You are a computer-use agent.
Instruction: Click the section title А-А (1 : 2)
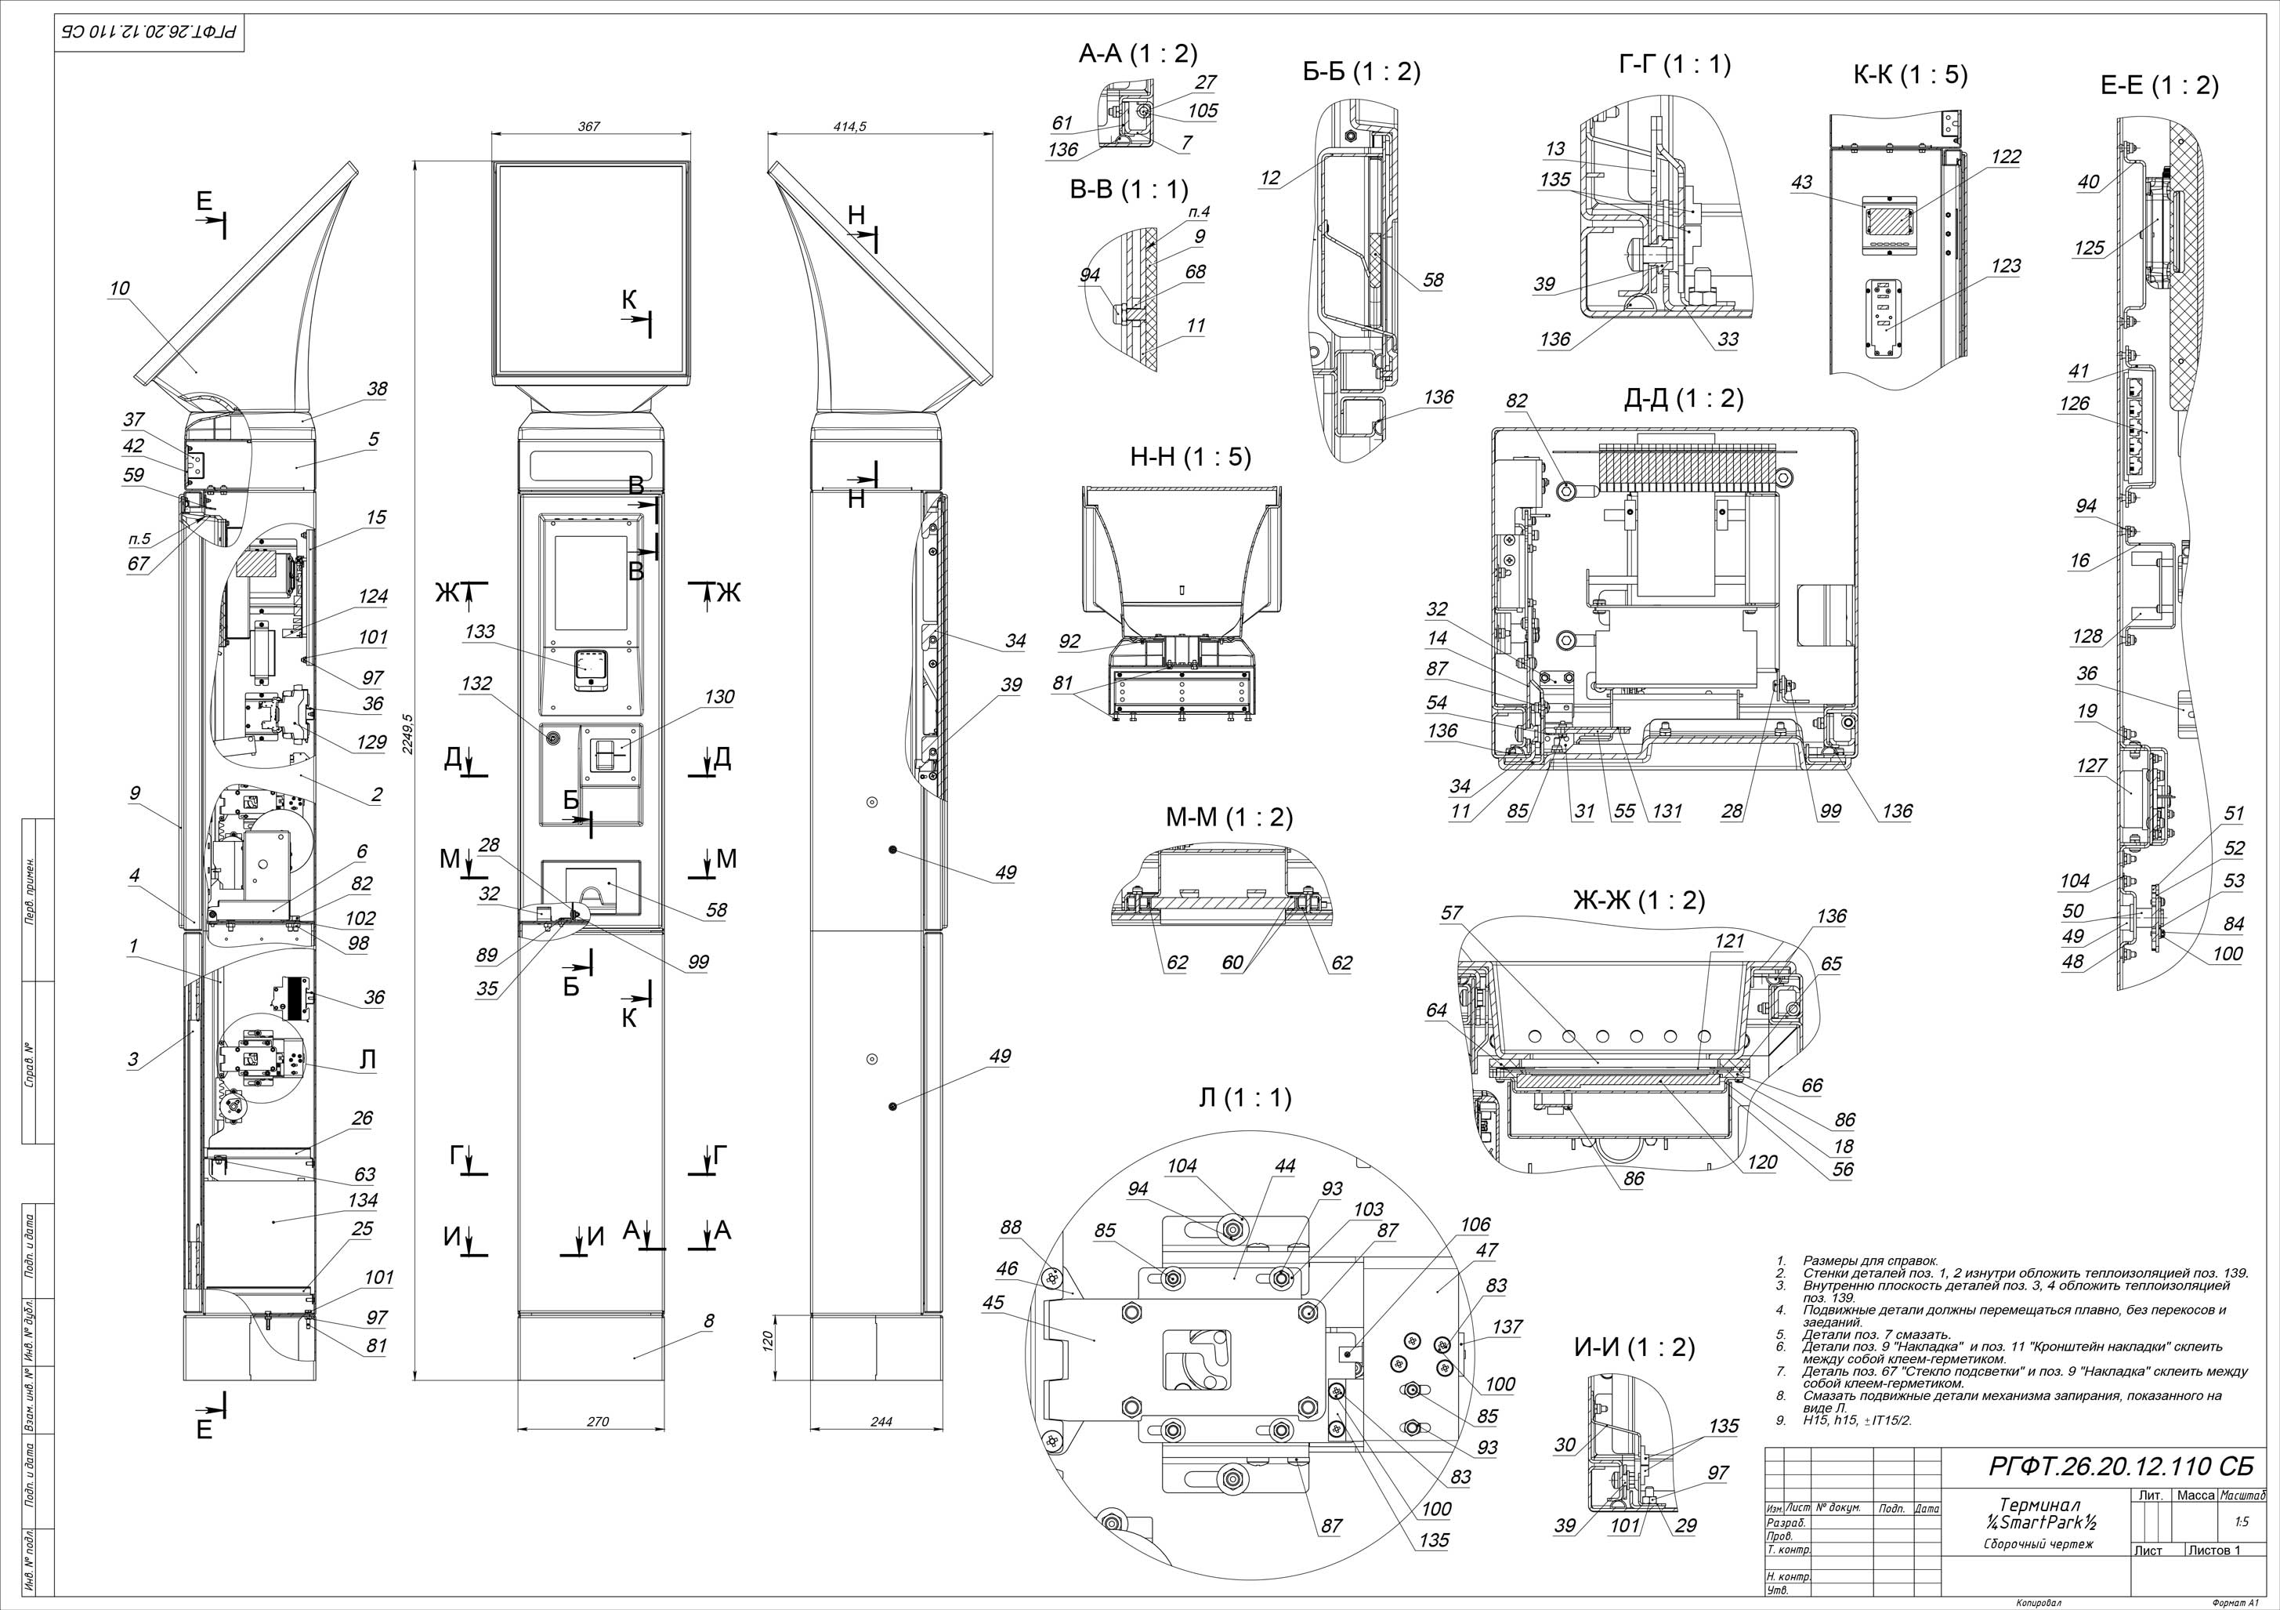[x=1138, y=53]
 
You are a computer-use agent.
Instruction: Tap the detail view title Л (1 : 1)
[x=1245, y=1097]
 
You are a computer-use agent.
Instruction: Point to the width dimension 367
[x=590, y=126]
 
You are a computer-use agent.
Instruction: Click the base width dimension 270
[x=597, y=1421]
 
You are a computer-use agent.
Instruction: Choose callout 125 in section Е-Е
[x=2090, y=248]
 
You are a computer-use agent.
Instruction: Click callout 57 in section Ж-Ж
[x=1452, y=912]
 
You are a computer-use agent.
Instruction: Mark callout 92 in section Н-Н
[x=1069, y=642]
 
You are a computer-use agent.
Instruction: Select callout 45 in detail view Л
[x=993, y=1302]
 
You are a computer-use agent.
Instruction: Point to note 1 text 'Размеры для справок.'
[x=1870, y=1260]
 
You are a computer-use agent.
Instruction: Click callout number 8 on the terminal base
[x=708, y=1321]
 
